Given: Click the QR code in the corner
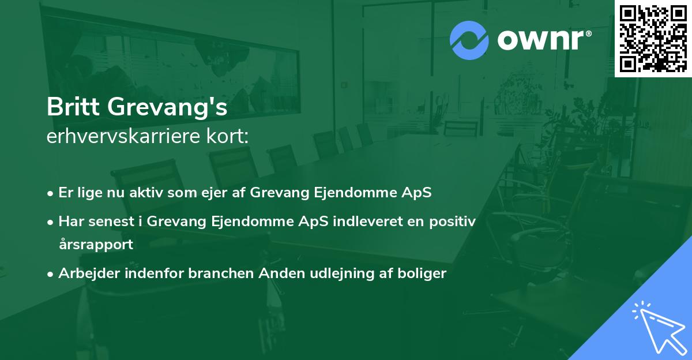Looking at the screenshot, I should pos(653,37).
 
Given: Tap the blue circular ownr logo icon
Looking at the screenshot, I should pos(469,40).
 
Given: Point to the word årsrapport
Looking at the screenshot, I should pos(96,245).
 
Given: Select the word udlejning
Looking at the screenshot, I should pos(330,273).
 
